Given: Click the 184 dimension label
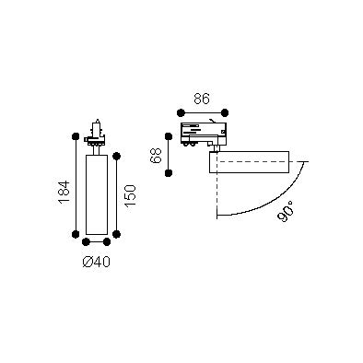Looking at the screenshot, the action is [64, 193].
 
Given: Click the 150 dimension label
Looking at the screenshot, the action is [130, 195].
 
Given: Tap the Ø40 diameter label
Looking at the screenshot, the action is [97, 262].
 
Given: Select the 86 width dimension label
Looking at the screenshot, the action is [202, 99].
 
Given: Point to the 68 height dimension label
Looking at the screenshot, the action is [156, 156].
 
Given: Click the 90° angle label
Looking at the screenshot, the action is [286, 211].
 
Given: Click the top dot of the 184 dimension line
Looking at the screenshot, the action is [76, 136].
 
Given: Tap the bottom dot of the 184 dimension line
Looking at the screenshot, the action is [76, 234].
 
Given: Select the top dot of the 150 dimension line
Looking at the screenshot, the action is [116, 157].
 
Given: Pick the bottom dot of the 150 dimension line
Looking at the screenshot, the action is [116, 234].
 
